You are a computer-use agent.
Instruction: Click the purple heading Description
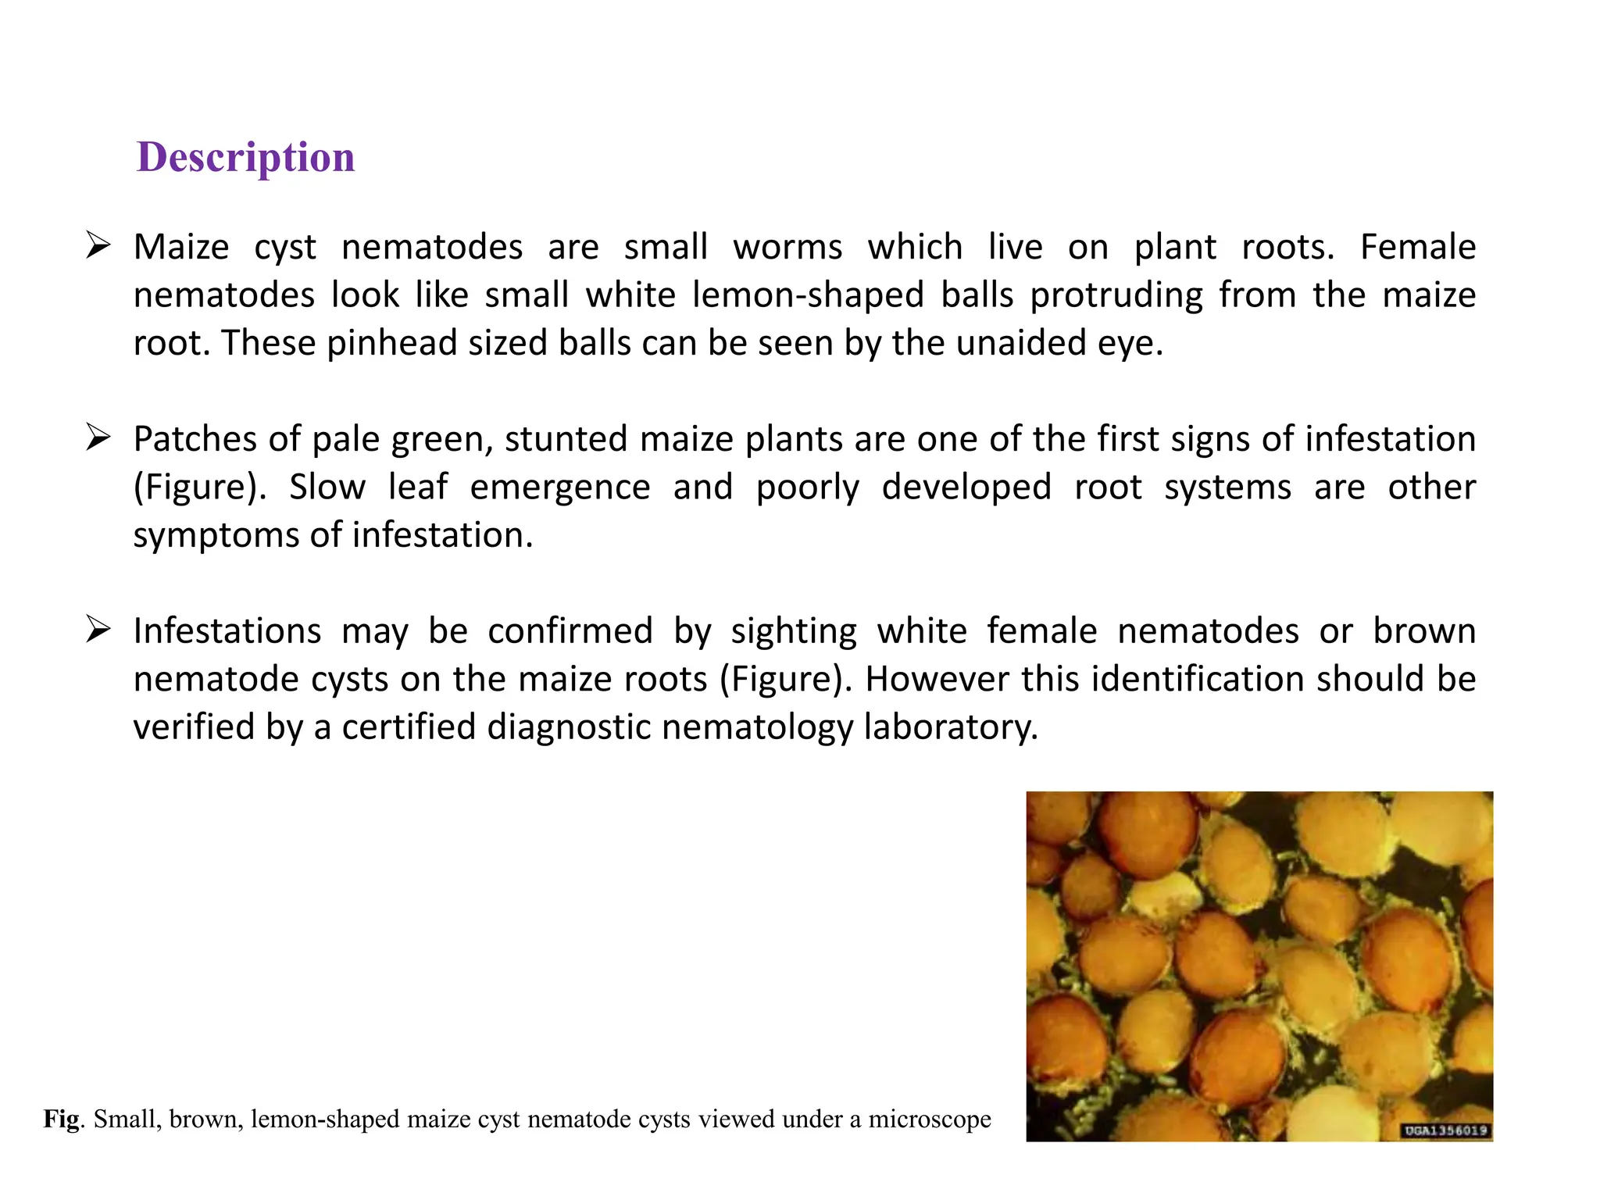point(245,157)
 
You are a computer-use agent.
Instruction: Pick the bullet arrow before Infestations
point(98,629)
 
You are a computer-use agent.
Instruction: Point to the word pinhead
point(391,343)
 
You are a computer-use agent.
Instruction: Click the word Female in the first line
point(1417,247)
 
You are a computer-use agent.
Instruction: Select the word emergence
point(559,487)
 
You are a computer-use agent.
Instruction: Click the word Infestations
point(227,630)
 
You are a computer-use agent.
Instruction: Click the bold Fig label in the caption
point(61,1119)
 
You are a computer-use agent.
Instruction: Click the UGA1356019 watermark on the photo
point(1445,1130)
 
